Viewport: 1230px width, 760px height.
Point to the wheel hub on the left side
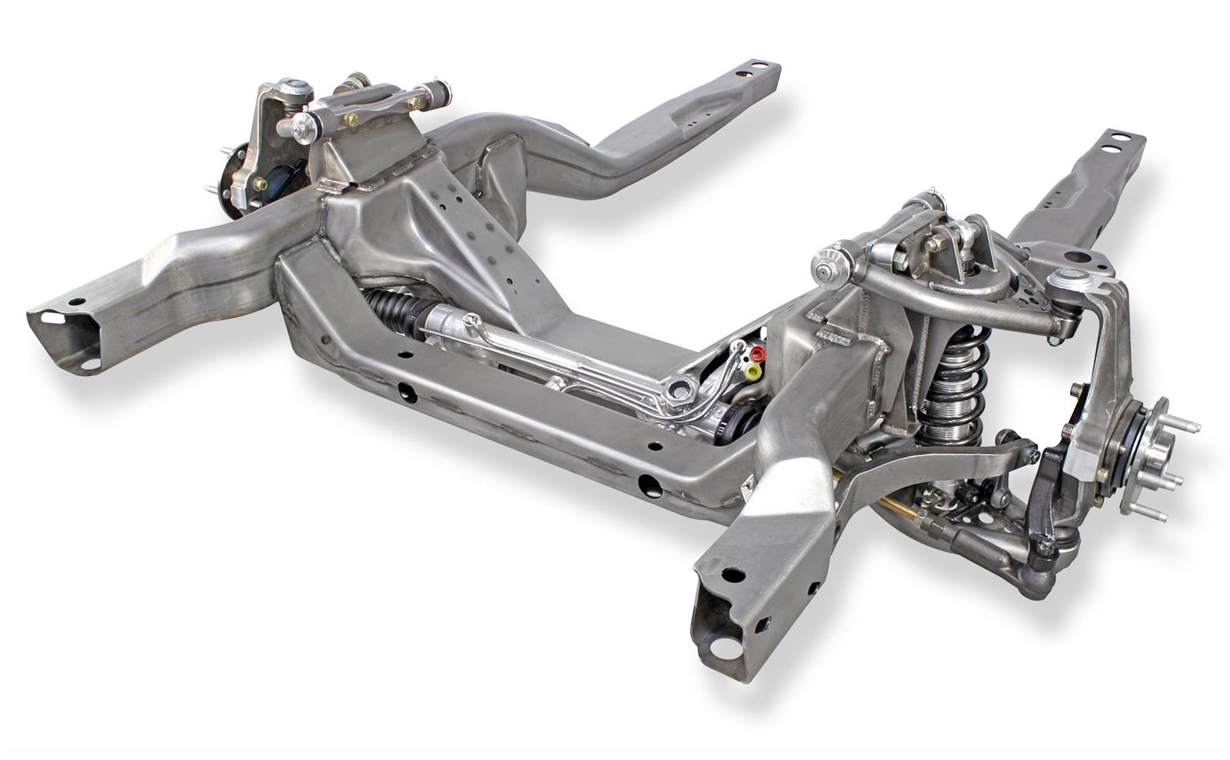(x=231, y=178)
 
